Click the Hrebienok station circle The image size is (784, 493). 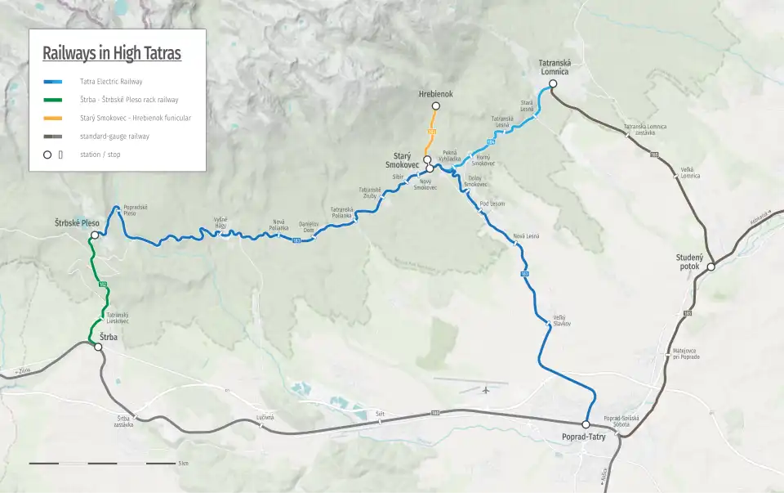click(436, 105)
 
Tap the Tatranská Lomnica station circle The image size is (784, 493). click(553, 84)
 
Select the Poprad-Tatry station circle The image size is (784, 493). click(586, 424)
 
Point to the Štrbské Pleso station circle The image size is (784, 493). click(95, 235)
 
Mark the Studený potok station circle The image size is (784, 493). click(710, 267)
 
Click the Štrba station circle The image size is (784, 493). click(98, 347)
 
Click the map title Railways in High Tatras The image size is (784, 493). click(112, 54)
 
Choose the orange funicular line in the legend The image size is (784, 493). click(54, 119)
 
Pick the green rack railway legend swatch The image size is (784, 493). click(54, 100)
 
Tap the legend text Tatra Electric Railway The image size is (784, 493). click(111, 82)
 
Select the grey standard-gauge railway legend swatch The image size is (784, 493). click(54, 137)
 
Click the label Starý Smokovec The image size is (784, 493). click(402, 160)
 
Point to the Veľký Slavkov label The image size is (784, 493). click(560, 320)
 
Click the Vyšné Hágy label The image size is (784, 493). click(220, 222)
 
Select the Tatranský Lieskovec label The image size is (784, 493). click(118, 317)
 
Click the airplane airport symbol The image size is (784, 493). click(486, 389)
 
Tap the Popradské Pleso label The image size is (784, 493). click(136, 211)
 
